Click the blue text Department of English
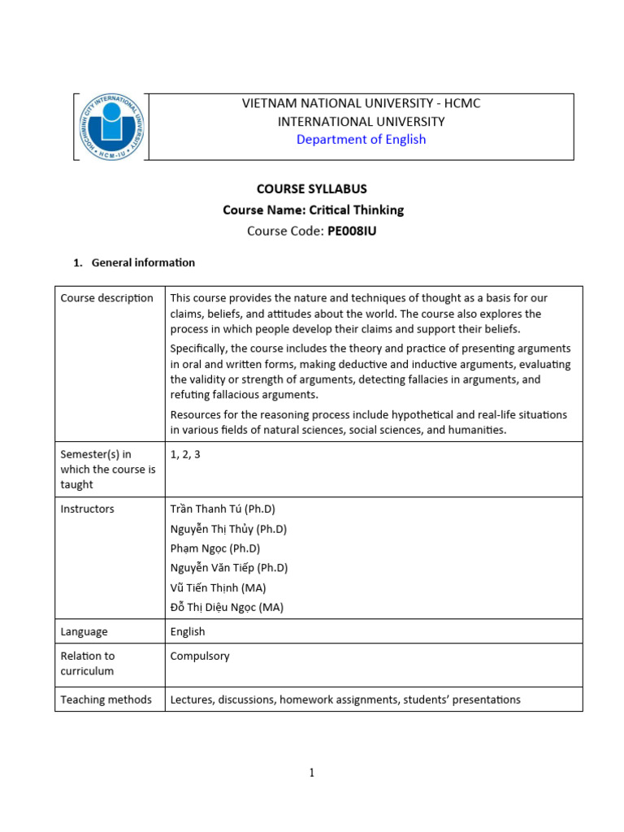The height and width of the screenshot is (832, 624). tap(361, 139)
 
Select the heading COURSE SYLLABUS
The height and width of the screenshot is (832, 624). tap(311, 188)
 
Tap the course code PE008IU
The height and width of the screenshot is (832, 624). tap(352, 231)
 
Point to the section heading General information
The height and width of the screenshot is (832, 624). tap(143, 262)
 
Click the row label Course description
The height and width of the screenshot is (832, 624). tap(106, 298)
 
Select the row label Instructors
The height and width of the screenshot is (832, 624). tap(87, 509)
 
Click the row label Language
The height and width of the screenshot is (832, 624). tap(84, 631)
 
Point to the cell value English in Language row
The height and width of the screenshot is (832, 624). tap(188, 631)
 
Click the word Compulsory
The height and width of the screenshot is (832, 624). tap(200, 656)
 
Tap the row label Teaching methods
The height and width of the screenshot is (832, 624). tap(106, 700)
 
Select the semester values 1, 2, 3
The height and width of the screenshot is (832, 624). tap(185, 454)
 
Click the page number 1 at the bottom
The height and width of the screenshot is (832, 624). tap(311, 773)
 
